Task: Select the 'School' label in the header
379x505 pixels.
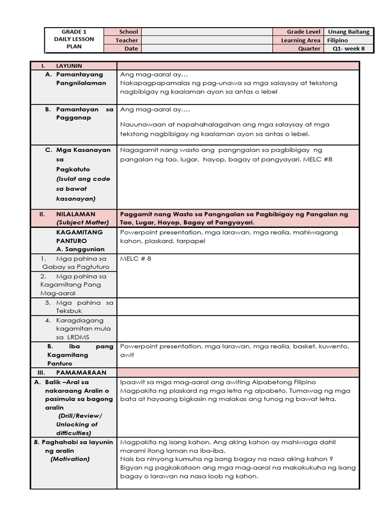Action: [x=128, y=32]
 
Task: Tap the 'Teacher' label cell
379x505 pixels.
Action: [x=127, y=40]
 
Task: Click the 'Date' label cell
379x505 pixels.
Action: [x=131, y=48]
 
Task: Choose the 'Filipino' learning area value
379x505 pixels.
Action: [x=337, y=40]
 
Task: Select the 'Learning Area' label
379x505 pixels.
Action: [x=301, y=40]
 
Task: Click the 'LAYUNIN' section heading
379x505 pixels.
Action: [x=69, y=66]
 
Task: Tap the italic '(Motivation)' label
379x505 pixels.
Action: [x=70, y=459]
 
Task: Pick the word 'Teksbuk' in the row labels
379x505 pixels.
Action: [x=69, y=311]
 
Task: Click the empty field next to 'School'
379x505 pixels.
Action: [x=207, y=32]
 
